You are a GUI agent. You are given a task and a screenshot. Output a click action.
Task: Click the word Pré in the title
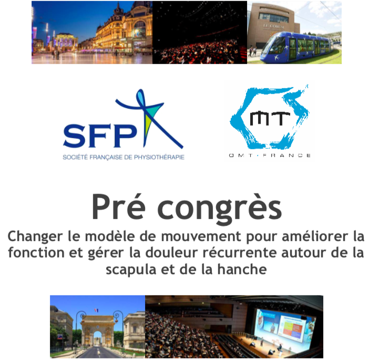pyautogui.click(x=118, y=207)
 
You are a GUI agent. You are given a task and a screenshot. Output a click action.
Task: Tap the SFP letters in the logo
pyautogui.click(x=100, y=136)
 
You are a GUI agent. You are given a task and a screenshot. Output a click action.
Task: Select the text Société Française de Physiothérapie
pyautogui.click(x=124, y=157)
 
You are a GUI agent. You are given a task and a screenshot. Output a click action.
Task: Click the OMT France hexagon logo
pyautogui.click(x=270, y=118)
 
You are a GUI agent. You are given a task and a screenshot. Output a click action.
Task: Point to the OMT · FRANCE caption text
pyautogui.click(x=270, y=155)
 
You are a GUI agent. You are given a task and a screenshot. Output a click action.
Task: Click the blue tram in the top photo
pyautogui.click(x=299, y=47)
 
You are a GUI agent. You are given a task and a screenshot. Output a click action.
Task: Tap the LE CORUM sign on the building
pyautogui.click(x=274, y=26)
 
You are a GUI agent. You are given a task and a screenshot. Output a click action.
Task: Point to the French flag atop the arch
pyautogui.click(x=97, y=311)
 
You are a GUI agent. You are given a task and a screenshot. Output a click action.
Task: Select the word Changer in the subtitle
pyautogui.click(x=35, y=236)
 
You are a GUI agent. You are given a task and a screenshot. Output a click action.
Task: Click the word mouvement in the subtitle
pyautogui.click(x=201, y=236)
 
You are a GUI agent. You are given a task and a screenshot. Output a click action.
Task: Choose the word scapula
pyautogui.click(x=131, y=270)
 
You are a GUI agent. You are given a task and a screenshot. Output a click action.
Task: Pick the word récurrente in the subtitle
pyautogui.click(x=240, y=253)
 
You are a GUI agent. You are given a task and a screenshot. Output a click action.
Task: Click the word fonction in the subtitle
pyautogui.click(x=36, y=252)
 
